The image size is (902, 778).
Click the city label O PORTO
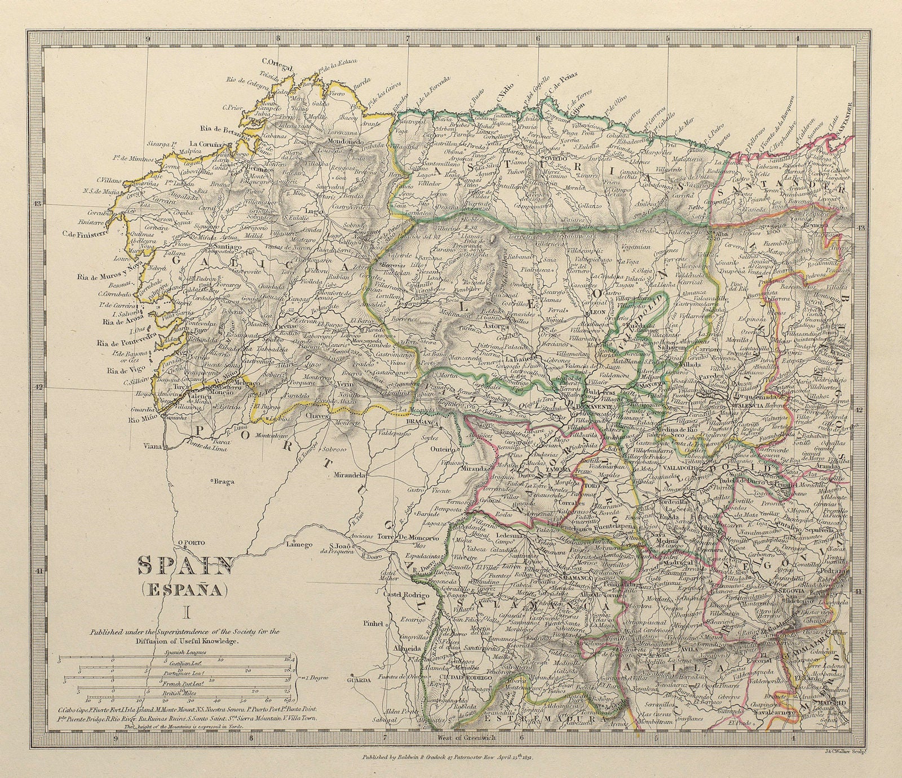pos(190,544)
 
